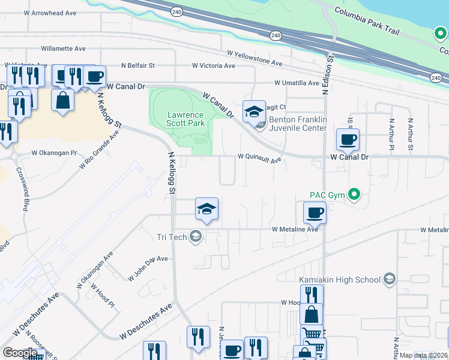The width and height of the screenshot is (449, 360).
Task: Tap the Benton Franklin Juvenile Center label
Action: coord(298,124)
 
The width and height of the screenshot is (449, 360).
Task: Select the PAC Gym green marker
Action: coord(354,194)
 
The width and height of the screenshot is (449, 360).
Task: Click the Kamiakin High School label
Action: coord(340,280)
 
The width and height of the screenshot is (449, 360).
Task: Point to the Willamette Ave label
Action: coord(63,49)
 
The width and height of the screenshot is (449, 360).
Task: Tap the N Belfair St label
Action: coord(138,65)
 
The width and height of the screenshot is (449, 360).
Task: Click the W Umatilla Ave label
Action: coord(297,83)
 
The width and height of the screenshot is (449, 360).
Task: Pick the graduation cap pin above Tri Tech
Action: coord(206,209)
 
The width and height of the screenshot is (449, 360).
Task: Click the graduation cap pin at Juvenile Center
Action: coord(254,111)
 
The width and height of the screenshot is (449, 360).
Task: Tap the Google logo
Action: coord(20,352)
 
